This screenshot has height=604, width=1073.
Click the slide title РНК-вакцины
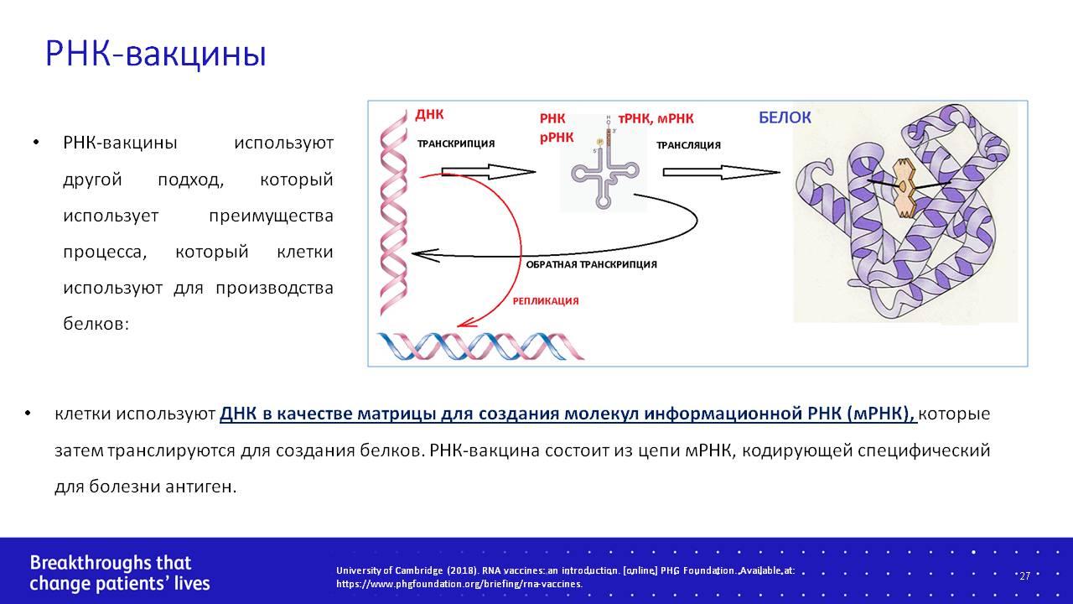click(156, 55)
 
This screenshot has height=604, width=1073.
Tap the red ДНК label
click(429, 115)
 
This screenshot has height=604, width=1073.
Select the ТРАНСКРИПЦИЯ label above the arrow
click(456, 143)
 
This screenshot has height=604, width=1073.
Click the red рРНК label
click(556, 138)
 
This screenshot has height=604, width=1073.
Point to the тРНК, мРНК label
click(656, 118)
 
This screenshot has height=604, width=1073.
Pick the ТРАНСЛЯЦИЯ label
click(688, 145)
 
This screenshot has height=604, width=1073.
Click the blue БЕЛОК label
click(785, 117)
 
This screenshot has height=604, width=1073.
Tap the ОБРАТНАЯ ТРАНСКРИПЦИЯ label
click(592, 264)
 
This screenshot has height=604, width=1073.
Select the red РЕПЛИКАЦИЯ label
click(546, 301)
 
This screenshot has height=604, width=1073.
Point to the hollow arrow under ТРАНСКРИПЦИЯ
click(488, 172)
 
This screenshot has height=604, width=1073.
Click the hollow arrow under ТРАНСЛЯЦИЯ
click(721, 172)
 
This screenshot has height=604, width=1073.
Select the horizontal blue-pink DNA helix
click(480, 346)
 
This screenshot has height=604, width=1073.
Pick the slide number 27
click(1024, 575)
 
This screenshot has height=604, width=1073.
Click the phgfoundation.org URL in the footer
click(459, 585)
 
